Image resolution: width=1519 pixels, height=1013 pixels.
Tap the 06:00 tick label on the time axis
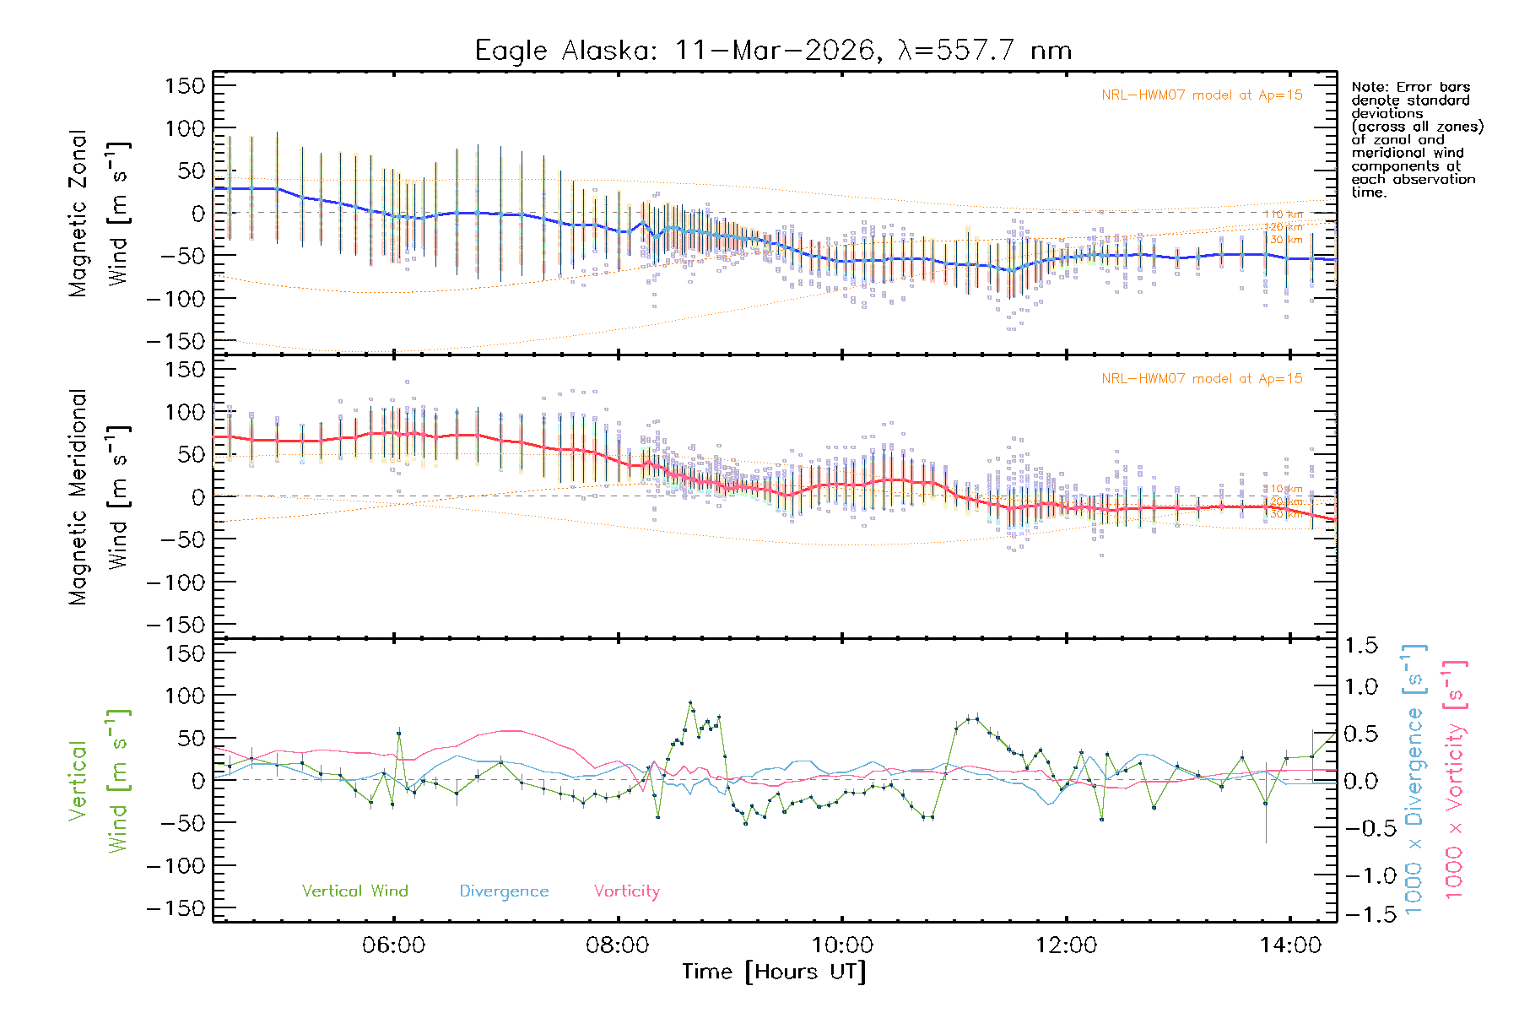tap(393, 945)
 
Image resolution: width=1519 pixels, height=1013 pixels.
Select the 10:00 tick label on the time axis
tap(842, 945)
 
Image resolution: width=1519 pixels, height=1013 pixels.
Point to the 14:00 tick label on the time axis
tap(1290, 945)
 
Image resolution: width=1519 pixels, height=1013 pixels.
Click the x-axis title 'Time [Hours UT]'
tap(774, 972)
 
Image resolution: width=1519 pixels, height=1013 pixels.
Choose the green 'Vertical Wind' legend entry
tap(354, 891)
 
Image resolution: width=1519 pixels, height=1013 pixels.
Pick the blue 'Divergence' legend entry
tap(504, 891)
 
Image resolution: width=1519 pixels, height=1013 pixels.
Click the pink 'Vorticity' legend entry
tap(626, 891)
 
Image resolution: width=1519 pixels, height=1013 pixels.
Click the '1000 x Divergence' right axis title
tap(1414, 780)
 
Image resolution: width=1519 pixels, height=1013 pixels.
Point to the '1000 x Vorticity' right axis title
tap(1455, 780)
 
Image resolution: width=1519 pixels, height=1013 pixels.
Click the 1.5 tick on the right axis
tap(1360, 646)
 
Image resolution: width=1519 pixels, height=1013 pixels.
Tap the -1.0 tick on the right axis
tap(1360, 875)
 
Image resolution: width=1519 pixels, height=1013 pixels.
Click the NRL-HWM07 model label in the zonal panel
tap(1202, 95)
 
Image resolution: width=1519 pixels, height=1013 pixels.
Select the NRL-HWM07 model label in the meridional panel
tap(1202, 379)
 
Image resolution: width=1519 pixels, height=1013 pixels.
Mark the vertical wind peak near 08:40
tap(690, 702)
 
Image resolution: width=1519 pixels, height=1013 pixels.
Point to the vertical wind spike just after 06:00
tap(399, 733)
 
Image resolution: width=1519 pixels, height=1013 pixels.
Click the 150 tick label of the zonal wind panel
tap(185, 85)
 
